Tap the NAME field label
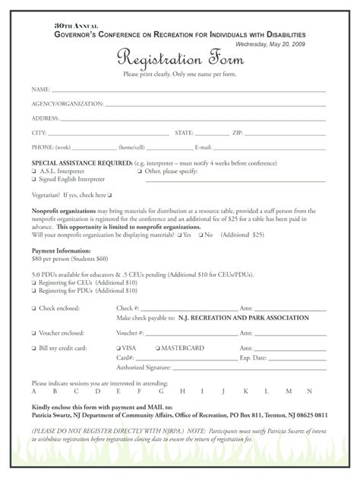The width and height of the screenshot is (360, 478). click(x=40, y=89)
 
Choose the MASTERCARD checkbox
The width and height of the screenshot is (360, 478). click(x=158, y=347)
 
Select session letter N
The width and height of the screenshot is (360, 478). click(x=309, y=392)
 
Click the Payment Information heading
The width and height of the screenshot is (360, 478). click(x=61, y=250)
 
